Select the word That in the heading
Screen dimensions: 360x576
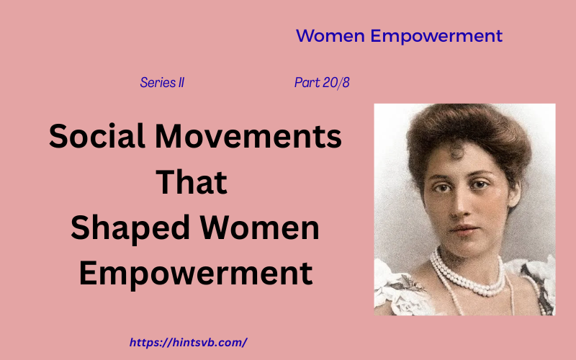[192, 182]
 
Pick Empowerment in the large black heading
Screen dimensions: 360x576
[195, 274]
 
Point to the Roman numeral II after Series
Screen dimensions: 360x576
[180, 83]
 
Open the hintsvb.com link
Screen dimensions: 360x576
[188, 343]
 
